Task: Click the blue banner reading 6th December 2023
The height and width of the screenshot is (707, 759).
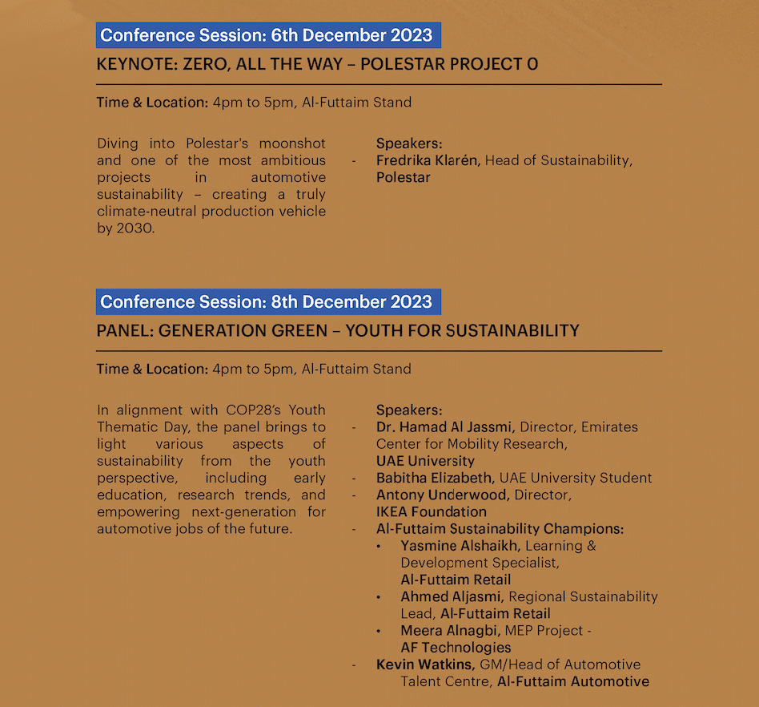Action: [x=267, y=35]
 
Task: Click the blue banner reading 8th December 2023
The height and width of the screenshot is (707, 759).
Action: [x=267, y=302]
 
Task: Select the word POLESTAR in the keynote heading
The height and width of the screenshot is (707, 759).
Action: [x=410, y=64]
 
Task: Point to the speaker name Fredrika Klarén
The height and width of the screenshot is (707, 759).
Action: [x=428, y=160]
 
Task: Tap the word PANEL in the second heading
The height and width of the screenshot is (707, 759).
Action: [x=123, y=330]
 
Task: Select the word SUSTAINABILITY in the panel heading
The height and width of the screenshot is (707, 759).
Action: [x=512, y=330]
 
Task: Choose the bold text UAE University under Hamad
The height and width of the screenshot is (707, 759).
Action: [x=425, y=461]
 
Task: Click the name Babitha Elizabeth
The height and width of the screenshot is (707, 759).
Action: [x=434, y=478]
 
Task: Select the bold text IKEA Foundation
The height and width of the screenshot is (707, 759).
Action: [x=431, y=511]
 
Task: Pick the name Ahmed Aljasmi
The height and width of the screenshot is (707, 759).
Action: [x=452, y=596]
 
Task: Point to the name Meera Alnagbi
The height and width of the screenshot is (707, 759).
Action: [x=451, y=631]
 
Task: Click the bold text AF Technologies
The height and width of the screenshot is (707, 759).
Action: [x=456, y=648]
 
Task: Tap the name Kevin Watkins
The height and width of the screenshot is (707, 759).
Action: [x=426, y=665]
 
